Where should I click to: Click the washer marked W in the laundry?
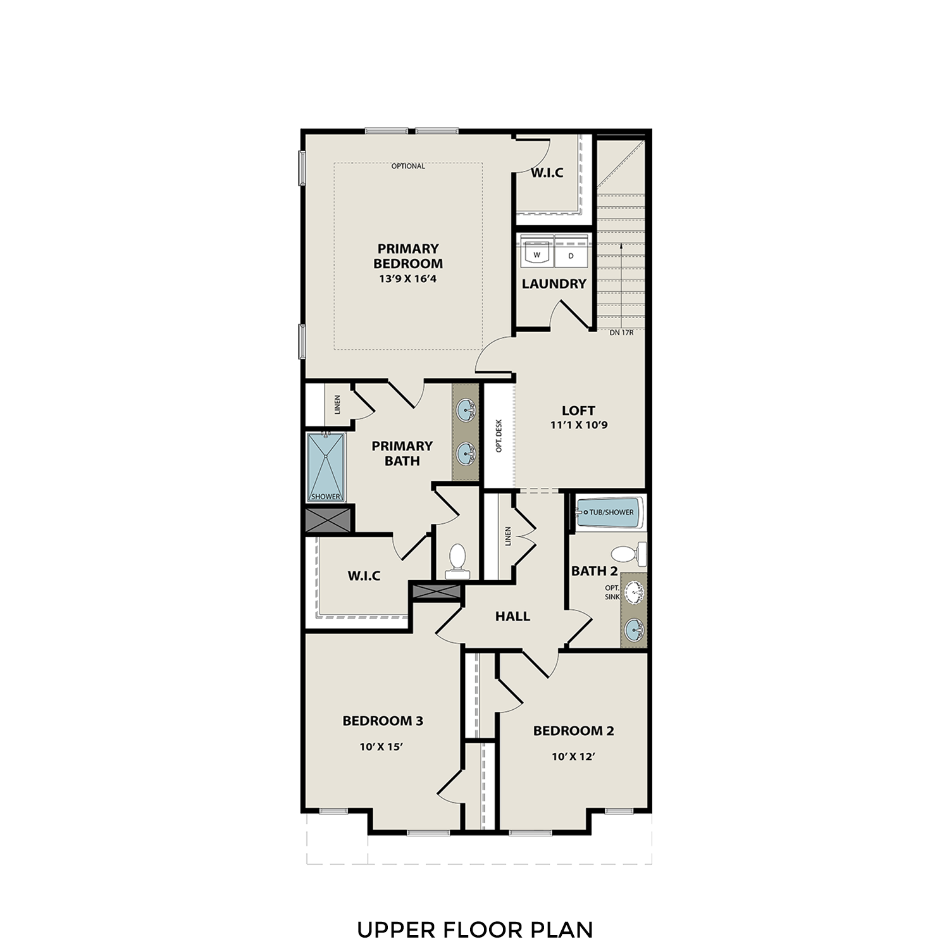[537, 255]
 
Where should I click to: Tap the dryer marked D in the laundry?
[571, 256]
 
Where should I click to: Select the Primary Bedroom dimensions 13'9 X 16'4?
[407, 278]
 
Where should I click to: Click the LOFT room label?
[578, 410]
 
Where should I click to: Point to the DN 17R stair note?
[621, 332]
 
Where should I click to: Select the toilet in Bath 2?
[629, 554]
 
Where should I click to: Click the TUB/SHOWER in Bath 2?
[609, 512]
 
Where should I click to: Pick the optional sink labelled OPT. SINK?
[633, 592]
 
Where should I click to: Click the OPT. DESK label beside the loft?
[499, 436]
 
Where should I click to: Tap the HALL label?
[512, 616]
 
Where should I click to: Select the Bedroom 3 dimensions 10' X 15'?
[381, 747]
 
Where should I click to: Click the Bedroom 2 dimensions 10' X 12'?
[574, 756]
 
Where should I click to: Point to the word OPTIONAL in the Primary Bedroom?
[408, 166]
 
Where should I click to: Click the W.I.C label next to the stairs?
[547, 173]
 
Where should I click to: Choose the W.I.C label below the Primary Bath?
[364, 576]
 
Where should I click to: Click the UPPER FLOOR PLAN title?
[475, 929]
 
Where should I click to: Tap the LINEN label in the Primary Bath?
[337, 405]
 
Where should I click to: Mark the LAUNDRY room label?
[554, 284]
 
